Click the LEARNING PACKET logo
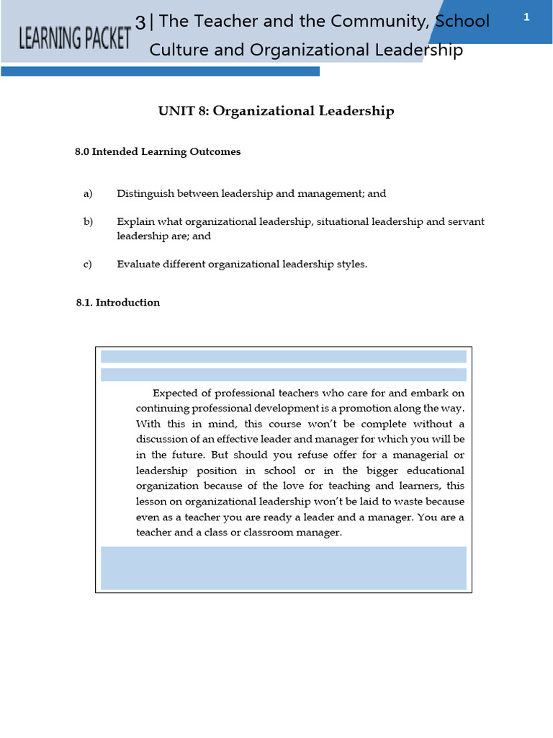pos(74,37)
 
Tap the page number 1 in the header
pos(526,17)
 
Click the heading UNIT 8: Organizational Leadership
pos(276,111)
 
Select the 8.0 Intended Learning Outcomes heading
pos(158,152)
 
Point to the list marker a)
pos(89,194)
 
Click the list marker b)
pos(89,222)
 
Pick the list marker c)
pos(88,264)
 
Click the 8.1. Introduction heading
pos(118,303)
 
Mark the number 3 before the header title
pos(140,22)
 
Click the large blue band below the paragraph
pos(283,568)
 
